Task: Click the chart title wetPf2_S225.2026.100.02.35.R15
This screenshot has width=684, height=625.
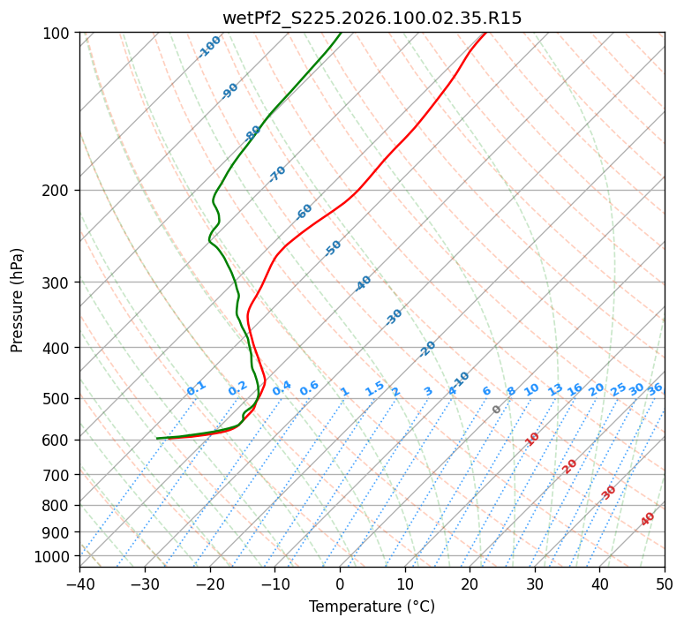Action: click(x=372, y=18)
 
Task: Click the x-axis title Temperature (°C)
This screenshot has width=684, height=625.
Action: click(x=372, y=606)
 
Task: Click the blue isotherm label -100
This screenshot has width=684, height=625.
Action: click(x=209, y=47)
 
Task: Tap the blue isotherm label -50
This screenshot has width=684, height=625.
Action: click(x=333, y=248)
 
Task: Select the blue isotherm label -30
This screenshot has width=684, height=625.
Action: click(x=395, y=316)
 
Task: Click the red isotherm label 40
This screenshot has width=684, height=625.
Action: click(x=648, y=519)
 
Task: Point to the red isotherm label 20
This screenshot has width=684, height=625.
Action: click(x=570, y=465)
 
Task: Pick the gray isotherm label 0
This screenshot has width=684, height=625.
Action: click(x=497, y=410)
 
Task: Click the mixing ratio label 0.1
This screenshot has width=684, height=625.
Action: click(x=196, y=388)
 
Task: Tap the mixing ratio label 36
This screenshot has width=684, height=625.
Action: click(x=655, y=388)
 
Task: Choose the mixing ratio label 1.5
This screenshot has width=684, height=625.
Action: click(x=374, y=388)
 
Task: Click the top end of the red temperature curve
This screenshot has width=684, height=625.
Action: click(x=485, y=33)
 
